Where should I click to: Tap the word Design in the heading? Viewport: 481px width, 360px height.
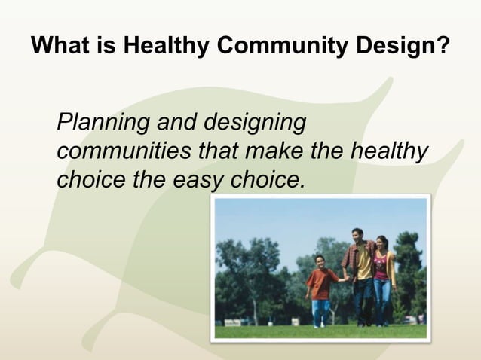point(400,47)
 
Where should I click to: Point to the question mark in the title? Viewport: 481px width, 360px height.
point(445,47)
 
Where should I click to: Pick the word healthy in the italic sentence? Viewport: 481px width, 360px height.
point(388,151)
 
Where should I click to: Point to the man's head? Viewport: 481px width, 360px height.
point(357,235)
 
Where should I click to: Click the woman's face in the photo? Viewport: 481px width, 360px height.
point(381,243)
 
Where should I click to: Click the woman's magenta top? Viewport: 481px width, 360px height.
point(381,267)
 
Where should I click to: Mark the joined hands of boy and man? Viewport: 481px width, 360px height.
point(341,279)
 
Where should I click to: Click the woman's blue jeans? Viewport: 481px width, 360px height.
point(382,297)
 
